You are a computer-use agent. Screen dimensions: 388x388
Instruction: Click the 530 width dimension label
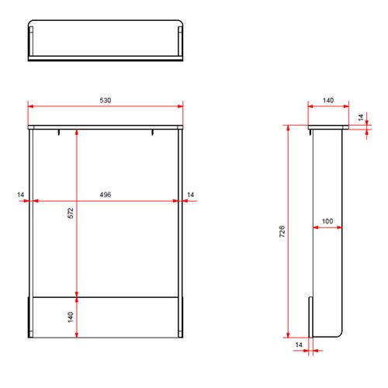[106, 100]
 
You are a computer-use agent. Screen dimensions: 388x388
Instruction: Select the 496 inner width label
[106, 195]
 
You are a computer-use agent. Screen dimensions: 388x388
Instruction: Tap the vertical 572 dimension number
[71, 213]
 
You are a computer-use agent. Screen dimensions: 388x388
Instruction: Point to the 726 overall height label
[282, 231]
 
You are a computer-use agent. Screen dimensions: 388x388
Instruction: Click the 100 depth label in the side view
[327, 221]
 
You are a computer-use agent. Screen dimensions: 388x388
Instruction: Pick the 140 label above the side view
[328, 100]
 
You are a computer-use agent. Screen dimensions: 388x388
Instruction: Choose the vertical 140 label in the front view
[71, 317]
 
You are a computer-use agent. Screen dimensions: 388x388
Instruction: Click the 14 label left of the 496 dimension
[20, 195]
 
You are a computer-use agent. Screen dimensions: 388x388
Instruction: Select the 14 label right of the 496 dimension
[190, 195]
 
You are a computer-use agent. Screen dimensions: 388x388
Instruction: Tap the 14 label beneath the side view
[299, 345]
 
